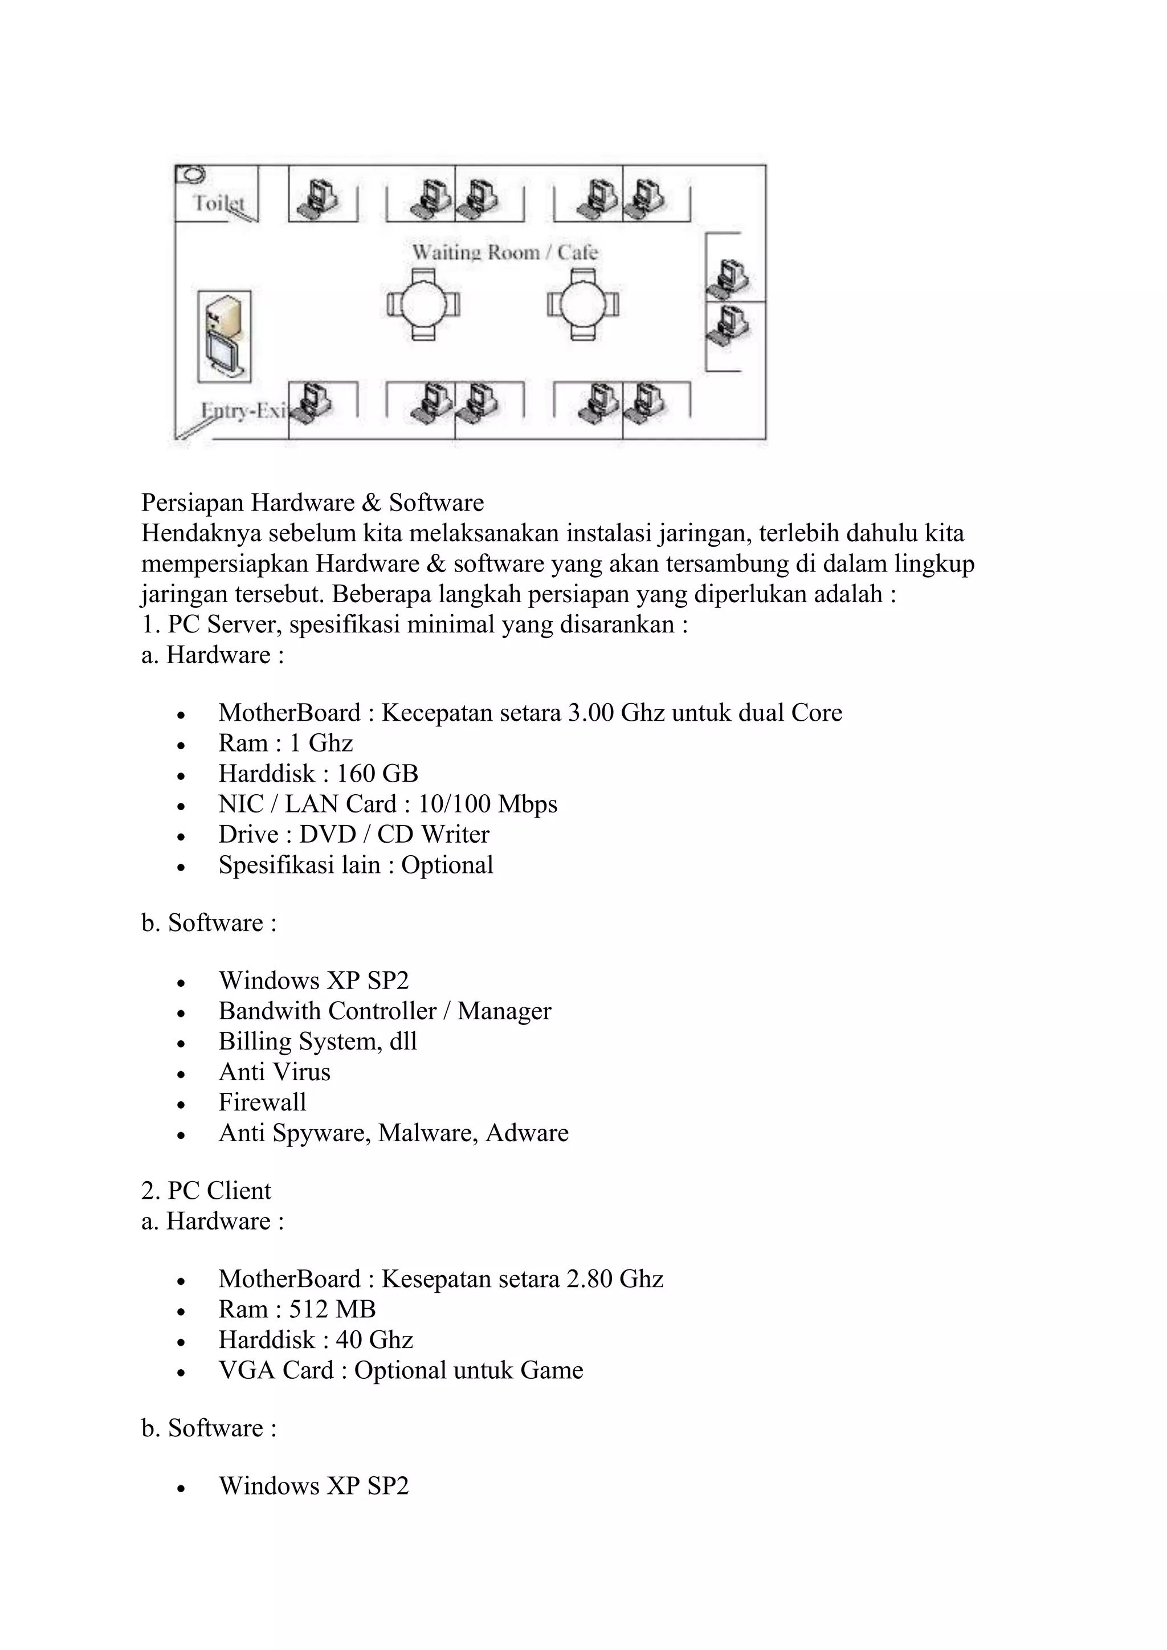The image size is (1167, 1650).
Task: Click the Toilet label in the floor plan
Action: [x=218, y=203]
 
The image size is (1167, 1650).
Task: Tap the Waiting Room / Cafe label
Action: [x=504, y=252]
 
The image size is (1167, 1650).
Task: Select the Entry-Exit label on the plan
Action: [x=243, y=411]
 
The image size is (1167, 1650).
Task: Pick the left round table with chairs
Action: [x=423, y=305]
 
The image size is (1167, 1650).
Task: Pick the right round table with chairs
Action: [x=583, y=305]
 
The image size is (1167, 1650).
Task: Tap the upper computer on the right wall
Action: [x=727, y=277]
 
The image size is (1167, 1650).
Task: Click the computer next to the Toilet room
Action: [x=319, y=196]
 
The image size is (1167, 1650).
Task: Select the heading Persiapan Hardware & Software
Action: [x=313, y=503]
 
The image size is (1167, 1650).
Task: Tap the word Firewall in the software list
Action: [x=262, y=1102]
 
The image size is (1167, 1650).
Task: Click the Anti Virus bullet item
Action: [x=275, y=1072]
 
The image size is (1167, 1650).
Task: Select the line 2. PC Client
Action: [x=206, y=1190]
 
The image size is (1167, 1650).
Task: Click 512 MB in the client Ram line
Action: [x=333, y=1309]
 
